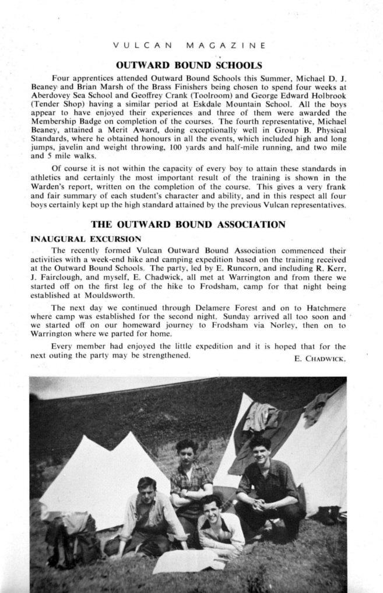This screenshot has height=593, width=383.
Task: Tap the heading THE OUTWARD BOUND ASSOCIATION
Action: (x=188, y=224)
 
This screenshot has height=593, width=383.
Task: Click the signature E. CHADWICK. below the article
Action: (x=320, y=358)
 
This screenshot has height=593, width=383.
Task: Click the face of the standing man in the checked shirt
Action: (x=187, y=452)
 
